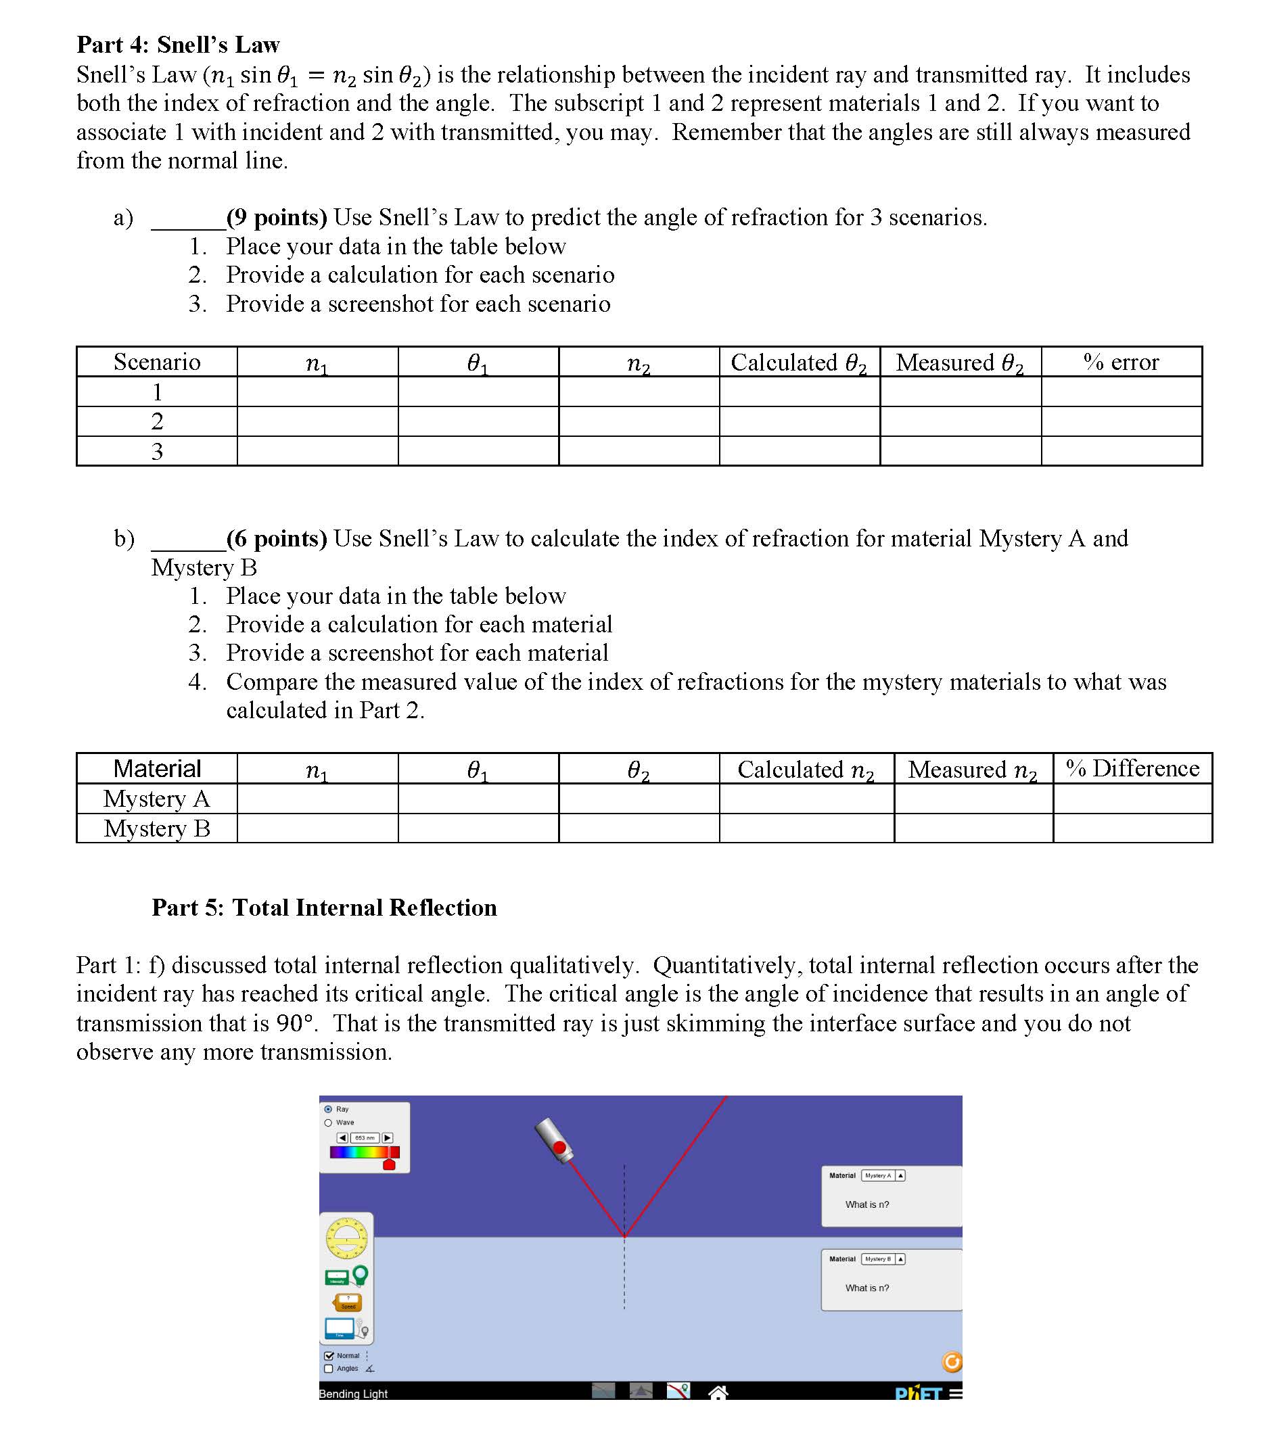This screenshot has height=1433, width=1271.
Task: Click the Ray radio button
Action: (x=328, y=1109)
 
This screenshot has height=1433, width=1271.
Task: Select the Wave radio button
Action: (x=328, y=1123)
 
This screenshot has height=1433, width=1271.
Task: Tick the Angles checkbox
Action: (x=328, y=1369)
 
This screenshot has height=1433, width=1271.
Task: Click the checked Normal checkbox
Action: (x=328, y=1355)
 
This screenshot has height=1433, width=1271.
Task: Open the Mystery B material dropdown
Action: (x=883, y=1259)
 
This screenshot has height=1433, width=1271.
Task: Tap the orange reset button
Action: (x=951, y=1361)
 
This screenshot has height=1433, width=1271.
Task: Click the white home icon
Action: (x=718, y=1392)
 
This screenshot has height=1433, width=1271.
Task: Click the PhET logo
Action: (x=918, y=1394)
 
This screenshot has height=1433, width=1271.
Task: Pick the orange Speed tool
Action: (x=347, y=1302)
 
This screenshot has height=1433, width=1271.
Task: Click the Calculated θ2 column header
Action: (x=799, y=362)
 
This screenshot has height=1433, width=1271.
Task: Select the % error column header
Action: (x=1121, y=362)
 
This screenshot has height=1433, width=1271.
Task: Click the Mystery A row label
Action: (x=156, y=799)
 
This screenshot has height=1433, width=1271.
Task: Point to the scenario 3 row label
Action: (x=156, y=451)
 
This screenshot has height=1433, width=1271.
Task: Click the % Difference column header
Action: (x=1132, y=768)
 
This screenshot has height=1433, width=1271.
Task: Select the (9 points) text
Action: (x=277, y=217)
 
